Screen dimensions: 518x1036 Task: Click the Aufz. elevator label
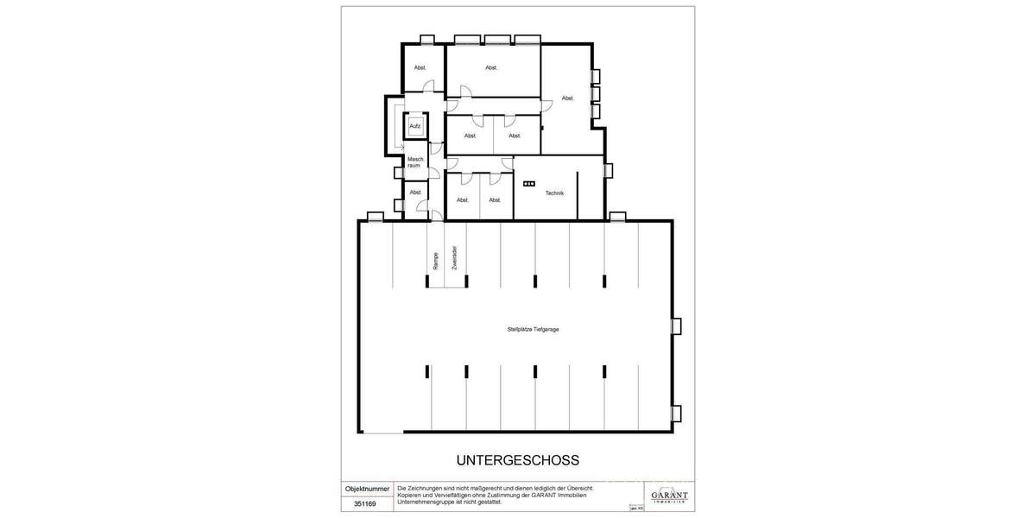[415, 127]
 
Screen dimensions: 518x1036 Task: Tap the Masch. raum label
[414, 161]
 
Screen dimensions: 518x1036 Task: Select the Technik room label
[554, 193]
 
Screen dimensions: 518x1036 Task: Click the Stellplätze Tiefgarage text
[532, 329]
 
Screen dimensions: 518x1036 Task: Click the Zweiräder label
[454, 259]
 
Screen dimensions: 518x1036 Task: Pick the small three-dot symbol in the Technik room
[529, 183]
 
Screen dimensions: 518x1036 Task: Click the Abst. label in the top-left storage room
[420, 67]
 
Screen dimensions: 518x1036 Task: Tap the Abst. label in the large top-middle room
[491, 67]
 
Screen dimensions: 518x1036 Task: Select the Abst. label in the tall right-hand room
[567, 98]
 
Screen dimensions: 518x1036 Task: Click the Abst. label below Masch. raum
[415, 192]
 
